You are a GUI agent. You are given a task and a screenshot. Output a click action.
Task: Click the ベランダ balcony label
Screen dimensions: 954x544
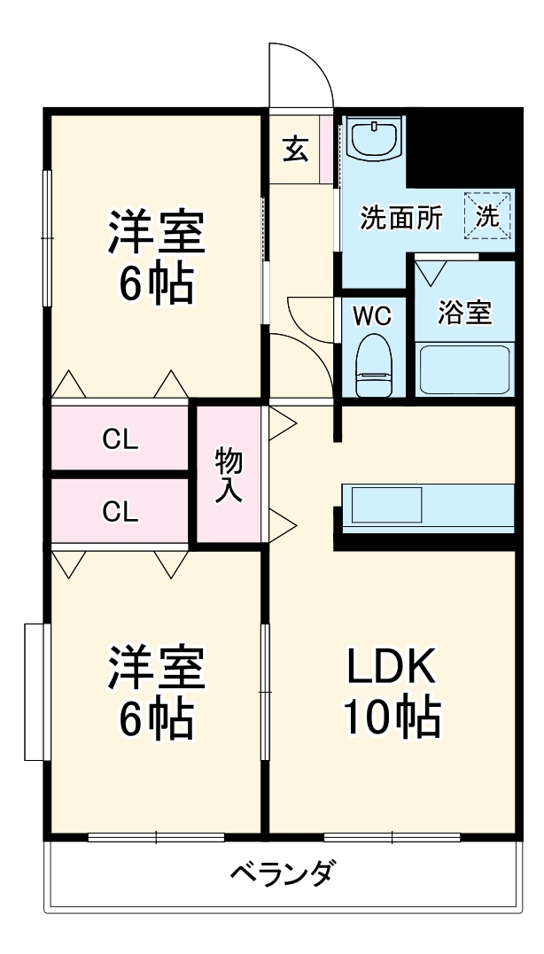283,873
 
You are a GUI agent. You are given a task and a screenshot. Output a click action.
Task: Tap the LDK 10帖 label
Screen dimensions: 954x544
391,693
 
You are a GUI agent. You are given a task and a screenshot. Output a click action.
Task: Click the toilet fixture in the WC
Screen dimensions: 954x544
372,364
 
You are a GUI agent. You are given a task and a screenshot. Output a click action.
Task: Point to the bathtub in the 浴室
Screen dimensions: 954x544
464,368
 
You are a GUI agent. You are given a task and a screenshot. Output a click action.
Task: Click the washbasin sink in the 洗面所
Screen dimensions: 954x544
373,140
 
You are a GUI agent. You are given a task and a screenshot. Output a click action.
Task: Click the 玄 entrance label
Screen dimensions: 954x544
297,149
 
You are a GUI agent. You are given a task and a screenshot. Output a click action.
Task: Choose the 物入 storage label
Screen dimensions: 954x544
229,475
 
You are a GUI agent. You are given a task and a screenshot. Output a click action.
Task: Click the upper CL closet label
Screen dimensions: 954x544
120,438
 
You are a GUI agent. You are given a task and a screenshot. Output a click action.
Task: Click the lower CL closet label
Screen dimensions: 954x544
120,512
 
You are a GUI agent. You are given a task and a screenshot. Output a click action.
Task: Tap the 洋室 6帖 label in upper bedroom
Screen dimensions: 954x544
157,258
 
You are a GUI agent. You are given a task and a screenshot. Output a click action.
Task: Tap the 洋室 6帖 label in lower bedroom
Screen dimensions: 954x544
157,694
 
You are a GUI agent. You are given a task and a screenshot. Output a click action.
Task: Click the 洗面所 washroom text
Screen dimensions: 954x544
400,219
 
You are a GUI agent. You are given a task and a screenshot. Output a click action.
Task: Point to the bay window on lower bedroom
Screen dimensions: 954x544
35,691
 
